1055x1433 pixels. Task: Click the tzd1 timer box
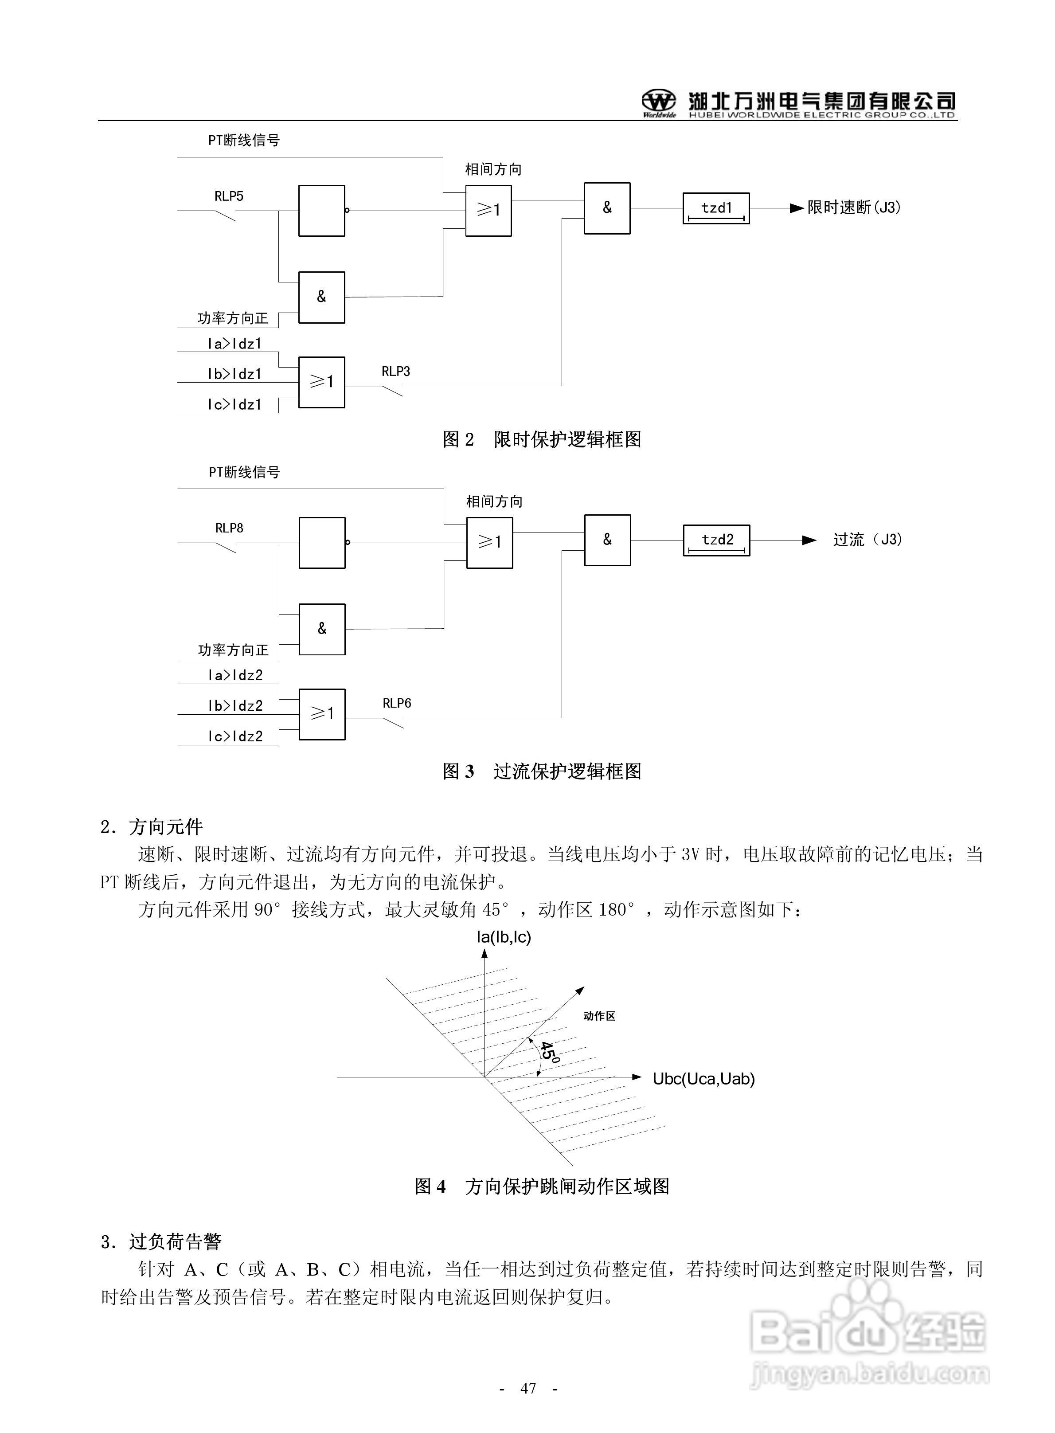716,208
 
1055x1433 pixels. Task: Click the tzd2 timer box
716,540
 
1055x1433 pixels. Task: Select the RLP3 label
396,372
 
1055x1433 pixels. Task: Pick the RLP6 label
397,704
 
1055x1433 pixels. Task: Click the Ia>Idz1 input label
234,344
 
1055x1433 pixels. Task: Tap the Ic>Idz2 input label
235,737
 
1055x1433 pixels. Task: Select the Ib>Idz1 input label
234,374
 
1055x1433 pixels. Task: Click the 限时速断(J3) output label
854,208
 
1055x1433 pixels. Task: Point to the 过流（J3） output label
867,540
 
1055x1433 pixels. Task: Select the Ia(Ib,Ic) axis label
504,937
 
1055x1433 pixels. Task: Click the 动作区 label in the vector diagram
599,1016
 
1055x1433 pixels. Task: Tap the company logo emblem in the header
658,102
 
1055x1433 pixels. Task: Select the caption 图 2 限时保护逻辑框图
542,439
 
